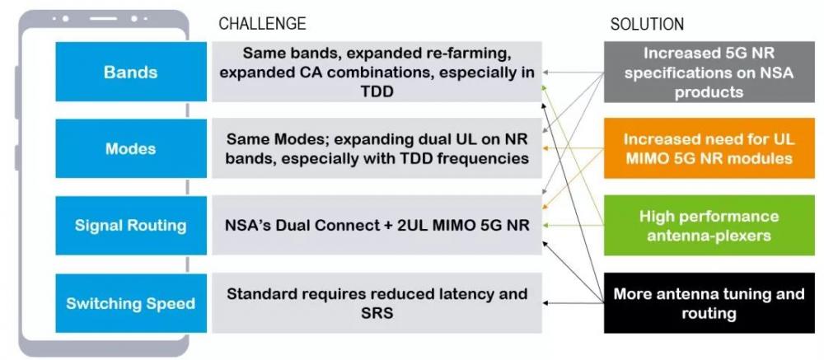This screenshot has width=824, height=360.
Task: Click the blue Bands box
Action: point(131,72)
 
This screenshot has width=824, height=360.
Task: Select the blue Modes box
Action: point(131,148)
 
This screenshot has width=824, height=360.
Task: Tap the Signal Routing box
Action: point(131,226)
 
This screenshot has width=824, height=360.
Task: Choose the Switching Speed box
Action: point(131,303)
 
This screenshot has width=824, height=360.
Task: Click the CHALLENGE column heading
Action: point(262,24)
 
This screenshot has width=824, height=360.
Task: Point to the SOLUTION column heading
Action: point(647,24)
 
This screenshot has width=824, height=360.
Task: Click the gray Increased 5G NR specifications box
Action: point(709,72)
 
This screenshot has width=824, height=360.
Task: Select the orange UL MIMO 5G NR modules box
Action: point(709,149)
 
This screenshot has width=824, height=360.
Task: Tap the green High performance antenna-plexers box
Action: point(709,226)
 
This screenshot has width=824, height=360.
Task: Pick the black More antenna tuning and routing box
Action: point(709,302)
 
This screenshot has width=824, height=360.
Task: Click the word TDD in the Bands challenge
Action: point(377,91)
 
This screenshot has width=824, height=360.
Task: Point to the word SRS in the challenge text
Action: point(377,313)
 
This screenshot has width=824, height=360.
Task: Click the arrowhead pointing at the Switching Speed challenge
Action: point(547,303)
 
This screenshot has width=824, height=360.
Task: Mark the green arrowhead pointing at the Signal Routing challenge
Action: point(547,226)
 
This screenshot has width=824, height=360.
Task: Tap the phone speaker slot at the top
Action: point(103,18)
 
